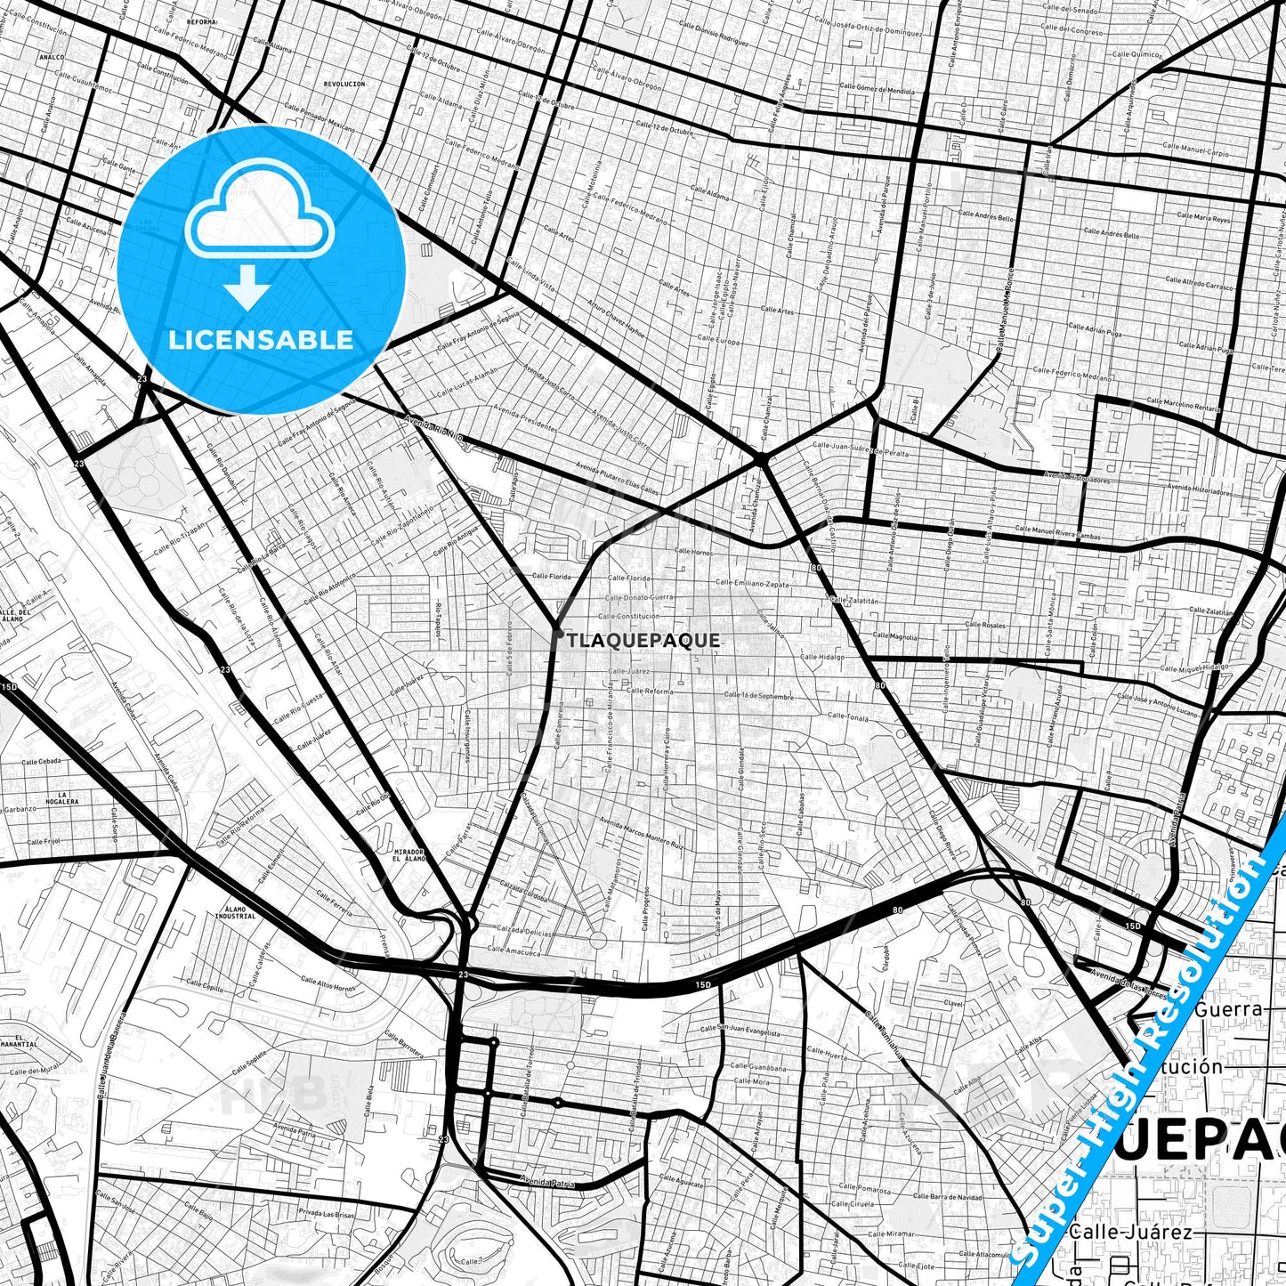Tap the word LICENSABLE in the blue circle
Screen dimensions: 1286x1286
coord(261,339)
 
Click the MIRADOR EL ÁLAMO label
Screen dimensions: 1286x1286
coord(408,855)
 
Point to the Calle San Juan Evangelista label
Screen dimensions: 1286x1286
coord(740,1031)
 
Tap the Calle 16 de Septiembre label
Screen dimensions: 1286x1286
coord(758,696)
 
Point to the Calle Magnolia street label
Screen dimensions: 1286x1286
coord(894,636)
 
